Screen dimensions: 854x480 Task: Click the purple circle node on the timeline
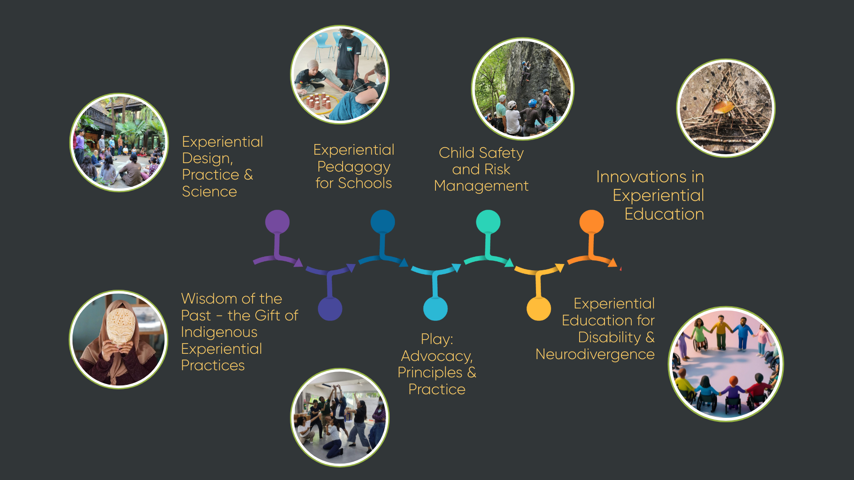click(277, 222)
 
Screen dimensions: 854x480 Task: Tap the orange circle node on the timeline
click(591, 222)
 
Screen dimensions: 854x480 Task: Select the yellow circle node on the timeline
click(539, 308)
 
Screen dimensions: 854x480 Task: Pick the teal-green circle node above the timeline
click(488, 222)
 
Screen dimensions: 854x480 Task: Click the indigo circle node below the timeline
click(330, 308)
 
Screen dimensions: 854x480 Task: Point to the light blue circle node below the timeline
click(435, 308)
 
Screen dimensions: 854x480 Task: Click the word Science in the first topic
click(209, 192)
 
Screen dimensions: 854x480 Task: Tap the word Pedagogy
click(354, 167)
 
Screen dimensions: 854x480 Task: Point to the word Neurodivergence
click(595, 354)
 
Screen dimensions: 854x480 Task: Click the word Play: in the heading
click(437, 339)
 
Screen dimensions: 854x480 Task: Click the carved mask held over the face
click(120, 326)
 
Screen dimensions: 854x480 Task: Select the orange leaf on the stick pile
click(724, 107)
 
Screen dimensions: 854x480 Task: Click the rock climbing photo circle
click(522, 89)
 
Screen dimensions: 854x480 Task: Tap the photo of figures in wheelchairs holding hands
click(725, 364)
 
